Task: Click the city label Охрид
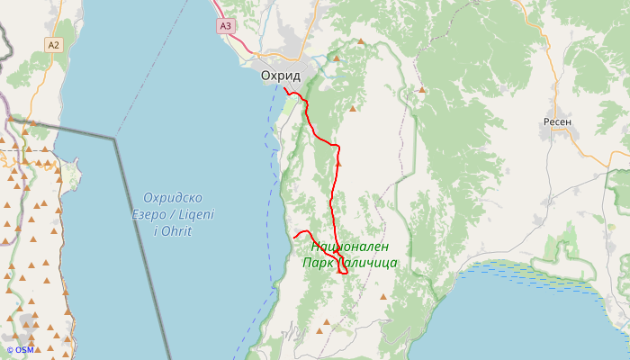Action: click(x=280, y=76)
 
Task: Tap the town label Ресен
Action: click(x=558, y=121)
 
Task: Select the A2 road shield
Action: click(x=54, y=44)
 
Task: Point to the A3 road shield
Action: click(x=225, y=26)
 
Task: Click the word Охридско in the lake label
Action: click(x=173, y=198)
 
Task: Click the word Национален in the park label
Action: click(x=349, y=247)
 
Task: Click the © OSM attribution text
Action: click(x=20, y=350)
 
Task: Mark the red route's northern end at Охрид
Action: click(x=284, y=89)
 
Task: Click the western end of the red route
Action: click(x=294, y=237)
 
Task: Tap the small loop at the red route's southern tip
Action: click(x=343, y=271)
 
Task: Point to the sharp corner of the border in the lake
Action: click(x=115, y=139)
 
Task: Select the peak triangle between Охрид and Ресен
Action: click(x=420, y=90)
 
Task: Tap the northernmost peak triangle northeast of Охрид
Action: click(x=361, y=41)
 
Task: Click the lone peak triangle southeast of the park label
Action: click(x=383, y=296)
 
